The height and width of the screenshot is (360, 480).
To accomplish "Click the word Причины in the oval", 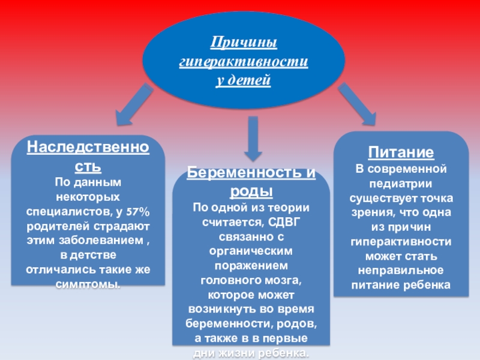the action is click(x=243, y=43).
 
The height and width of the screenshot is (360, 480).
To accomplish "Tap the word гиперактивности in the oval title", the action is click(x=244, y=62).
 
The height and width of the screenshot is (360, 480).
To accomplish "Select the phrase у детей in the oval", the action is click(x=244, y=80).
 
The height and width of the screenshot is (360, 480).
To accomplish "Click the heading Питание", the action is click(x=401, y=152).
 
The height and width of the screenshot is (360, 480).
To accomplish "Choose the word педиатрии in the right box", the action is click(x=401, y=183).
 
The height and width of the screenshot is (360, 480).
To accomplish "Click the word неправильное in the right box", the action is click(x=401, y=270).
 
